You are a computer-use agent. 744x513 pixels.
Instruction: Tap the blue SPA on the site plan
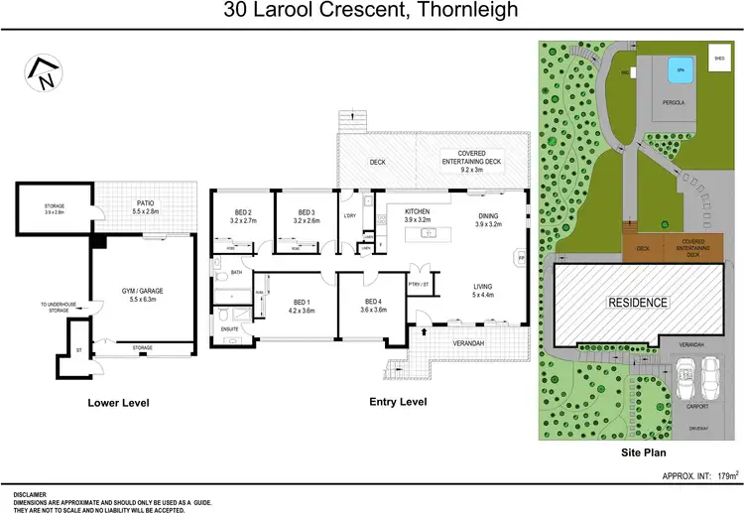681,69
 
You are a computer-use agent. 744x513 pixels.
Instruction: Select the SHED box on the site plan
719,59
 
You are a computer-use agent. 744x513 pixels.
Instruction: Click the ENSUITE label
229,326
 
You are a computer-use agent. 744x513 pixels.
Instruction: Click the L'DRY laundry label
348,216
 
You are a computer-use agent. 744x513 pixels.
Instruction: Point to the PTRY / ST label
419,284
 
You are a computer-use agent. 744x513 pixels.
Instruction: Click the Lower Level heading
118,402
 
